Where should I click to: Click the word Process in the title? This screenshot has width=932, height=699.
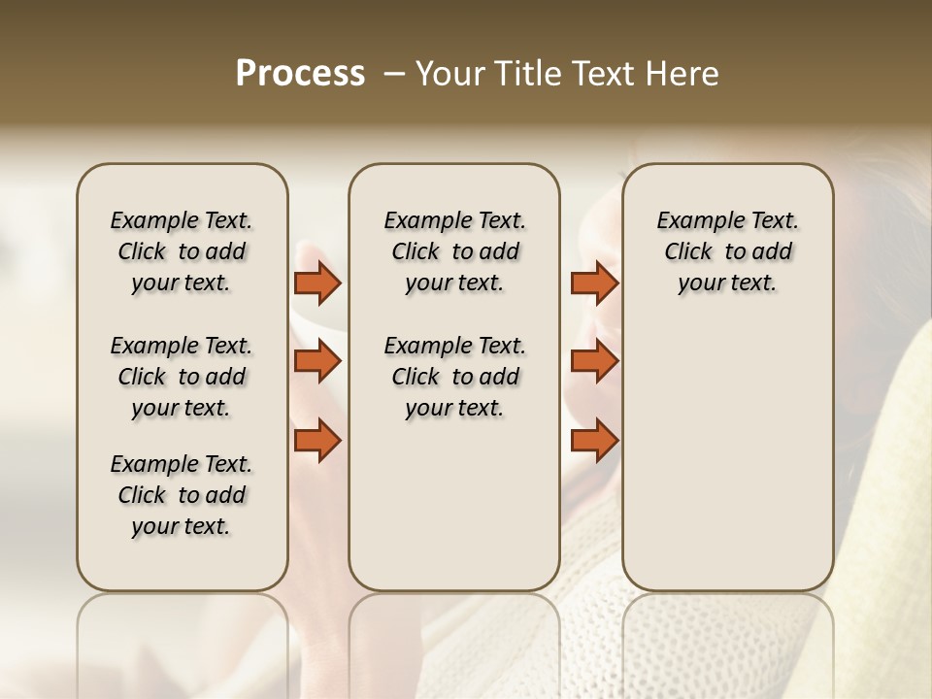299,74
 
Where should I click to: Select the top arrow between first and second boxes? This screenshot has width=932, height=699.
317,283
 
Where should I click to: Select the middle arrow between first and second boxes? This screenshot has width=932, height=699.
317,361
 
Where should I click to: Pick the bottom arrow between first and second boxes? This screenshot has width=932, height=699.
317,440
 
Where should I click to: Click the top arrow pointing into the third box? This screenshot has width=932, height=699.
594,283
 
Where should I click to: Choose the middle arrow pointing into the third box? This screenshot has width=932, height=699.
594,361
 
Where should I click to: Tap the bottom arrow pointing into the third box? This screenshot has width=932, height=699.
594,440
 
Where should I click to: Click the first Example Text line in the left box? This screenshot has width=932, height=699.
182,220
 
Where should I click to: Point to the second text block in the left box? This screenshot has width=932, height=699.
182,377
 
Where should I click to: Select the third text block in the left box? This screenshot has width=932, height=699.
182,495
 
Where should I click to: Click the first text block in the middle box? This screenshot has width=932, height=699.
454,251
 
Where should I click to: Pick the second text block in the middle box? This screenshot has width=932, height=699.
454,377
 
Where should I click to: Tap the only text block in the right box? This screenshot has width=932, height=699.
727,251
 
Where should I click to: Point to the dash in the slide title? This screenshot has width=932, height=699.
393,75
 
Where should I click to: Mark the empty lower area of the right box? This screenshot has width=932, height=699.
727,456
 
